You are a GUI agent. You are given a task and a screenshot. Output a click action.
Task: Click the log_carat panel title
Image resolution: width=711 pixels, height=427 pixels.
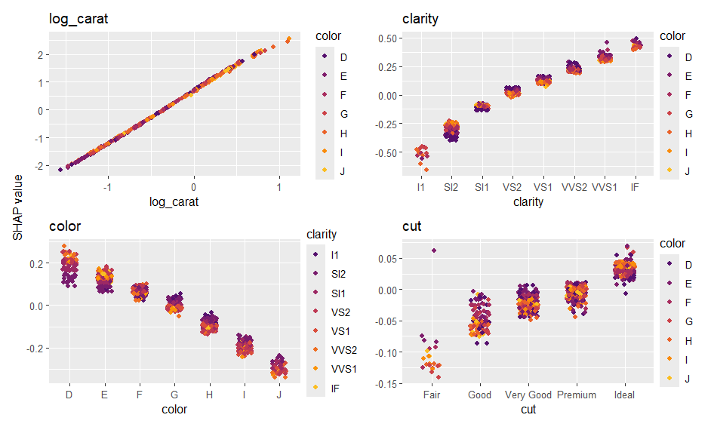click(x=78, y=19)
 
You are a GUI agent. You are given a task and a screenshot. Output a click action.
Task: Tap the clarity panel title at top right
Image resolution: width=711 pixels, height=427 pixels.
click(x=420, y=19)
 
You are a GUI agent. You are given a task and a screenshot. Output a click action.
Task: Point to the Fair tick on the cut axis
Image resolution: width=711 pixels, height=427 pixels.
click(x=432, y=395)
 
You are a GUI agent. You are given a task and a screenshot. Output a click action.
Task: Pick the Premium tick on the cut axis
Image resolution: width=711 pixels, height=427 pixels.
click(x=577, y=395)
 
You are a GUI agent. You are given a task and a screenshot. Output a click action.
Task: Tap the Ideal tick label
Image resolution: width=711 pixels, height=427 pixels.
click(x=624, y=395)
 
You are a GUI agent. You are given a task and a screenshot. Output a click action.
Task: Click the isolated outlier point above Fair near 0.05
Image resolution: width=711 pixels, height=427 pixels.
click(x=434, y=250)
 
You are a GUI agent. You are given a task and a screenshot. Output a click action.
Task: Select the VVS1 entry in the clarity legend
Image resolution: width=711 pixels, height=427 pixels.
click(x=342, y=369)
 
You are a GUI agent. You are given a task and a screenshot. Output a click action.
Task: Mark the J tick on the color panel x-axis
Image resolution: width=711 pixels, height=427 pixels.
click(x=279, y=395)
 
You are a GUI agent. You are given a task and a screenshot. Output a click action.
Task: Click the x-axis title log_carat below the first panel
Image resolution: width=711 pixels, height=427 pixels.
click(x=174, y=201)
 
